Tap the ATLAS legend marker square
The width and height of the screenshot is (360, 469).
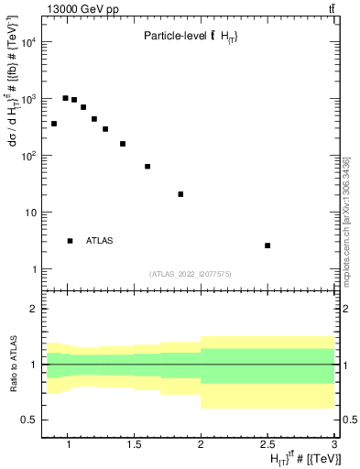coord(71,241)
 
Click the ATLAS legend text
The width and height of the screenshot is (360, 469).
coord(100,241)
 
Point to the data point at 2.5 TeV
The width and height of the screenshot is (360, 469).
coord(267,245)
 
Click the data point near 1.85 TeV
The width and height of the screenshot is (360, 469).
coord(180,194)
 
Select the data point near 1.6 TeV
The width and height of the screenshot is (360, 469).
coord(147,167)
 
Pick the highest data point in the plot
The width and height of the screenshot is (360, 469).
coord(66,98)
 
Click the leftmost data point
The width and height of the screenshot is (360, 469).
coord(54,124)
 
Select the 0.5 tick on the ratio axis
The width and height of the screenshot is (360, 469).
coord(28,420)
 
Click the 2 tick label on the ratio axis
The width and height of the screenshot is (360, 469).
coord(33,309)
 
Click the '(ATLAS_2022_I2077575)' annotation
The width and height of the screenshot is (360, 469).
coord(190,273)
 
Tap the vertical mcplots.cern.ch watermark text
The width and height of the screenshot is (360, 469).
coord(345,220)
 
